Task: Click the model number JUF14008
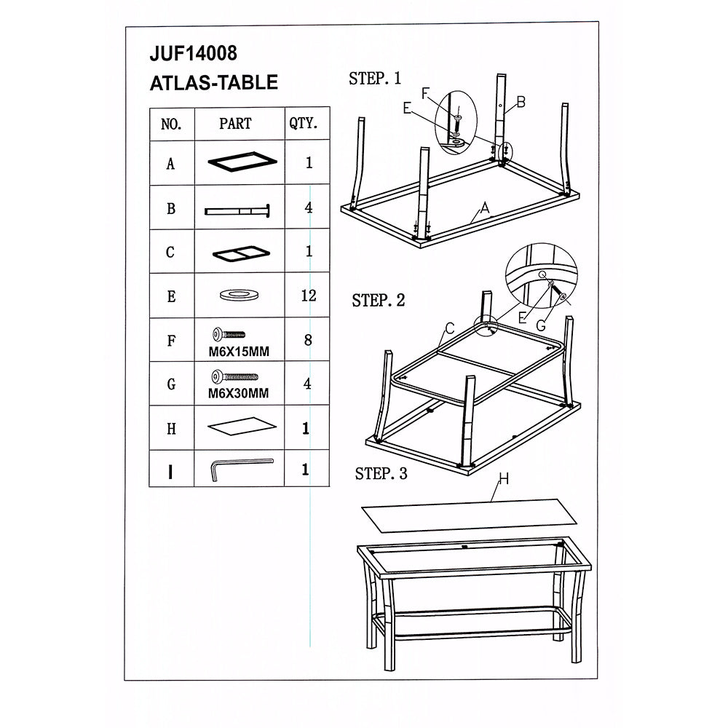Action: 193,53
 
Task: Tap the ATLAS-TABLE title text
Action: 213,83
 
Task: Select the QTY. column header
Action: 303,124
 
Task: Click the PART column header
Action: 235,124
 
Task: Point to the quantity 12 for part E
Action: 309,296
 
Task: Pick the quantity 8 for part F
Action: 308,340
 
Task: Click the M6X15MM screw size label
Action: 239,352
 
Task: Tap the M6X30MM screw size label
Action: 238,393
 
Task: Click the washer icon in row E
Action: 239,295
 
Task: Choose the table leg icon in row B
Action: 237,211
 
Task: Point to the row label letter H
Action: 171,429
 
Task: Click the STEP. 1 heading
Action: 375,79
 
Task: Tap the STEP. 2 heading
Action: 379,301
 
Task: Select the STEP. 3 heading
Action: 381,474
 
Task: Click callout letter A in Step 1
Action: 485,208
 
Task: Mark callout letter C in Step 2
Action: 449,329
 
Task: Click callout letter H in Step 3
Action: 504,479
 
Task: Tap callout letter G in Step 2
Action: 541,326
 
